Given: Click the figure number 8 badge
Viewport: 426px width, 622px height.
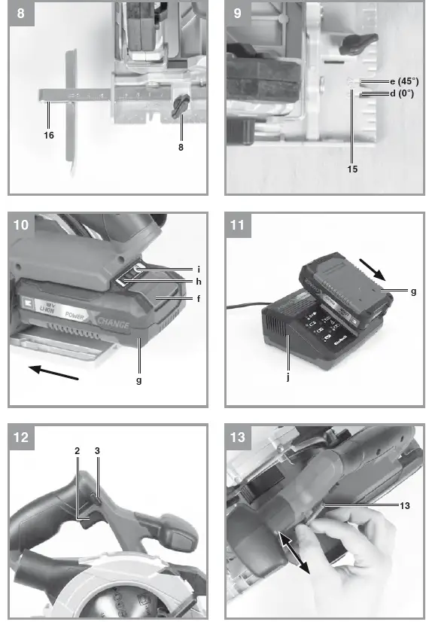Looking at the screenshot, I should click(21, 14).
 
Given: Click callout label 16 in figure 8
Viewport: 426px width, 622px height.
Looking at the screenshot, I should click(49, 135).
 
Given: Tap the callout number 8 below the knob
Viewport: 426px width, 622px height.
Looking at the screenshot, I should click(181, 148).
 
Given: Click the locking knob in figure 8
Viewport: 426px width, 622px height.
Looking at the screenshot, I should click(181, 107).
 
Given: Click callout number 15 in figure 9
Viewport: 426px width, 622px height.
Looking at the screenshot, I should click(352, 169).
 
